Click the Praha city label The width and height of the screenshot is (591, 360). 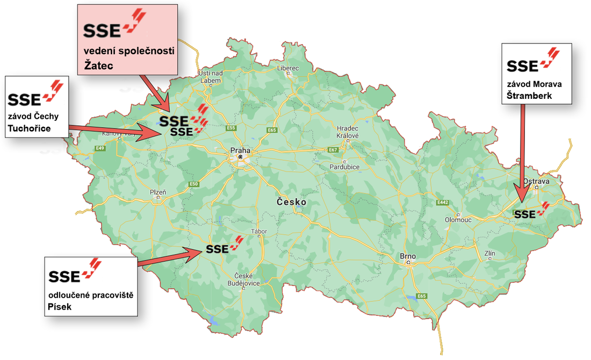tap(240, 150)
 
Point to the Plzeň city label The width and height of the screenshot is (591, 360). tap(158, 191)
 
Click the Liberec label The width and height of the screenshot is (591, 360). tap(287, 68)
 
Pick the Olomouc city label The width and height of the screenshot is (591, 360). tap(458, 220)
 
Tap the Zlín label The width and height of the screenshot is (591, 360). tap(489, 253)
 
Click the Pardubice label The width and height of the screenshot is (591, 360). tap(344, 167)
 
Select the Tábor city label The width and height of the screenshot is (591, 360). tap(259, 232)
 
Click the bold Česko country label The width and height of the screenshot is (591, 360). tap(291, 202)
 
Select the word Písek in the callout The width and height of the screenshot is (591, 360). tap(60, 306)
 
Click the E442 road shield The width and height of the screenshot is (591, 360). tap(443, 203)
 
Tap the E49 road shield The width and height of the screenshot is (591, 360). tap(100, 148)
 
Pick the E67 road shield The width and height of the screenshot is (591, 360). tap(333, 149)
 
